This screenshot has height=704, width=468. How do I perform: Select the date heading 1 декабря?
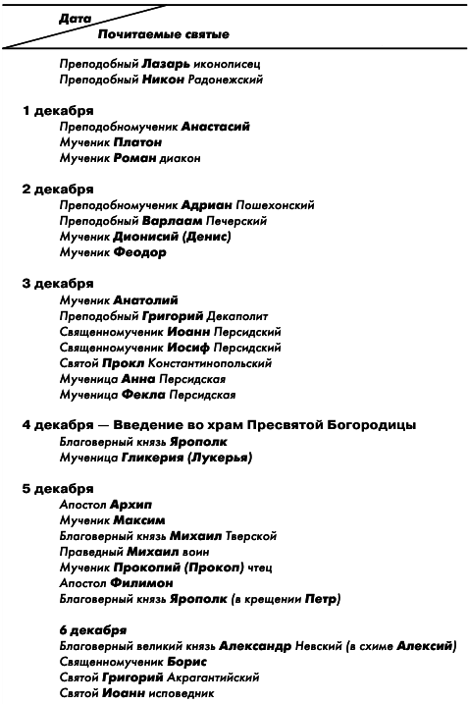(x=58, y=111)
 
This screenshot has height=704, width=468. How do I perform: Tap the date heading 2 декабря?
(x=58, y=189)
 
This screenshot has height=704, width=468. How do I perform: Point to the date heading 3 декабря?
(x=58, y=283)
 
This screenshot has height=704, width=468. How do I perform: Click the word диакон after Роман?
(x=181, y=158)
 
